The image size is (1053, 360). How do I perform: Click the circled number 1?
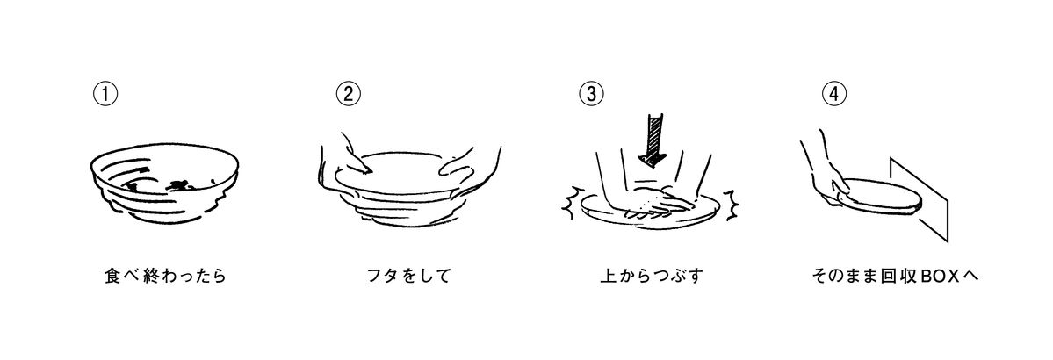[x=105, y=93]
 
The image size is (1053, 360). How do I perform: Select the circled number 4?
[x=833, y=93]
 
